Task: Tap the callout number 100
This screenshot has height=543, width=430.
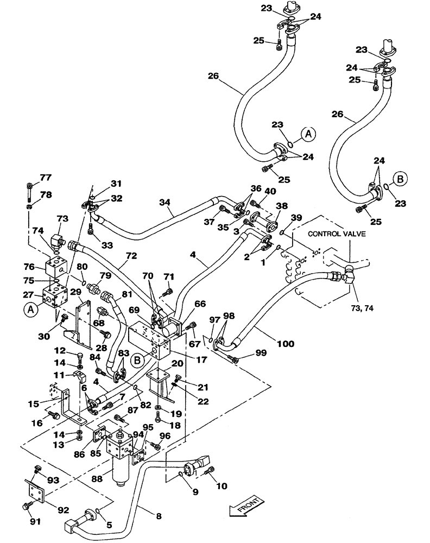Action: pos(284,344)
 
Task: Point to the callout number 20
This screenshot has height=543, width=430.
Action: pos(176,363)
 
